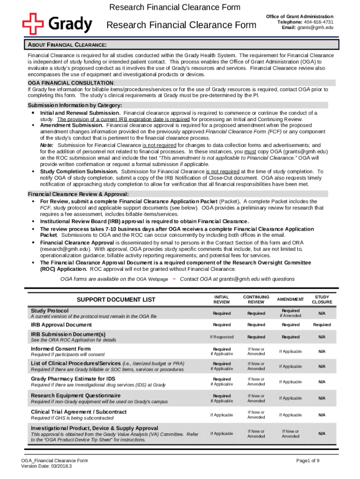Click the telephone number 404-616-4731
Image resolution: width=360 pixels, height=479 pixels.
click(x=318, y=22)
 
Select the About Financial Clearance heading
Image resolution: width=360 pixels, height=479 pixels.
click(x=65, y=45)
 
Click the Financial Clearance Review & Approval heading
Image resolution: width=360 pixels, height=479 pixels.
click(x=79, y=194)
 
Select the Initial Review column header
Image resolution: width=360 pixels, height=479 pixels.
click(x=221, y=299)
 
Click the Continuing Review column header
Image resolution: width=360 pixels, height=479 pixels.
click(x=256, y=299)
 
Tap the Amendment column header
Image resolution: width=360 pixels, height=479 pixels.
click(x=290, y=299)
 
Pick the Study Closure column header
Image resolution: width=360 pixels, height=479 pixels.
click(x=322, y=299)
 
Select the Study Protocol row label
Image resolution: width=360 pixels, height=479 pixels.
click(x=50, y=311)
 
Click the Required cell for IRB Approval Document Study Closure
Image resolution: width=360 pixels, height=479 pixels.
click(x=322, y=325)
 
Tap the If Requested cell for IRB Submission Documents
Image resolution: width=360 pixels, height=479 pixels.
click(x=221, y=337)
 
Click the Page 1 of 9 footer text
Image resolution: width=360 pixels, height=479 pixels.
click(x=308, y=461)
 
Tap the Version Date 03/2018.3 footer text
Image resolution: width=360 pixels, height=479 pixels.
click(x=47, y=466)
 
